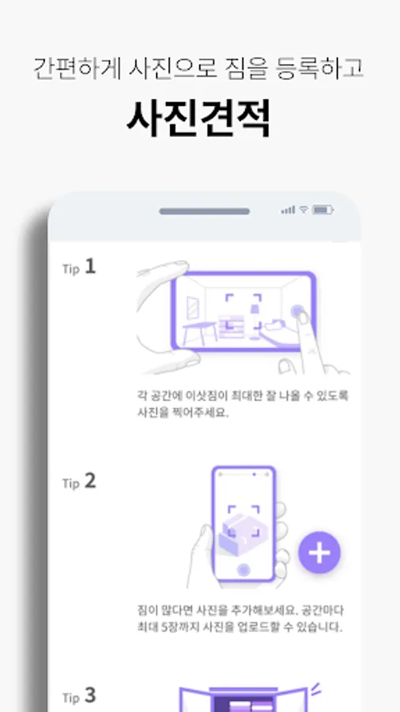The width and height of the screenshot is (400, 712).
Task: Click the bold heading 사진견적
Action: pos(198,118)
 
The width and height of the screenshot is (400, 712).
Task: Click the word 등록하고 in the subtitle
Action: pos(319,70)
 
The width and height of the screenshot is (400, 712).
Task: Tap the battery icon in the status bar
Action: pos(323,210)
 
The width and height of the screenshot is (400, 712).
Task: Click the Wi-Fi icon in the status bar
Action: pos(304,210)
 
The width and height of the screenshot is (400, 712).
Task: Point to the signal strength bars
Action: pos(288,210)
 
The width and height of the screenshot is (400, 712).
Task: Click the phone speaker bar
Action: pos(204,211)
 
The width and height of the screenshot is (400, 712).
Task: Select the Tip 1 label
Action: pos(79,267)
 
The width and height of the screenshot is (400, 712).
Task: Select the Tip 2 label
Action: pos(79,482)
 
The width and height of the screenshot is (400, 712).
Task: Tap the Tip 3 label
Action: pos(79,695)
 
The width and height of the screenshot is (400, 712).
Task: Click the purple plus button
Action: pos(319,553)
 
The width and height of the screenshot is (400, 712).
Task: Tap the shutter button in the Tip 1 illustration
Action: pos(297,312)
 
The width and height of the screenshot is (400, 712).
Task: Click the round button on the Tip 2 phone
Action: pos(244,570)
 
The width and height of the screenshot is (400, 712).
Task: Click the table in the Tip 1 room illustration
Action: pos(199,332)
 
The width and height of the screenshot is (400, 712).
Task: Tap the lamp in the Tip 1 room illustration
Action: pos(255,316)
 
